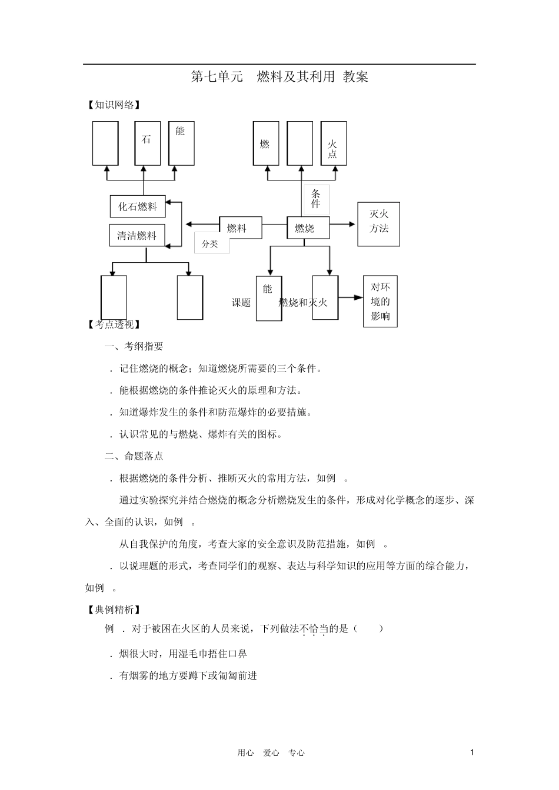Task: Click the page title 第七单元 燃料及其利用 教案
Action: coord(279,77)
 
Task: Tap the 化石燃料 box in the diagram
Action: coord(138,206)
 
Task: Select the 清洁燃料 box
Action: coord(137,236)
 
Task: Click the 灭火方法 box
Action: coord(378,224)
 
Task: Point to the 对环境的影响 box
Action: coord(380,302)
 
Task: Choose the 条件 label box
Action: coord(316,199)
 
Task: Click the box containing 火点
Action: coord(333,143)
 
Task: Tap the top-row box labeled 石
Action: coord(147,143)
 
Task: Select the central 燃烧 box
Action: coord(308,228)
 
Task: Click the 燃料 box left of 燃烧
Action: coord(240,228)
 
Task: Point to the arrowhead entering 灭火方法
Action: coord(352,224)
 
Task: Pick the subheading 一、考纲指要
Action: coord(134,347)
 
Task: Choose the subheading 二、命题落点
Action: coord(134,456)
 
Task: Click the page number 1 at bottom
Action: coord(472,752)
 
